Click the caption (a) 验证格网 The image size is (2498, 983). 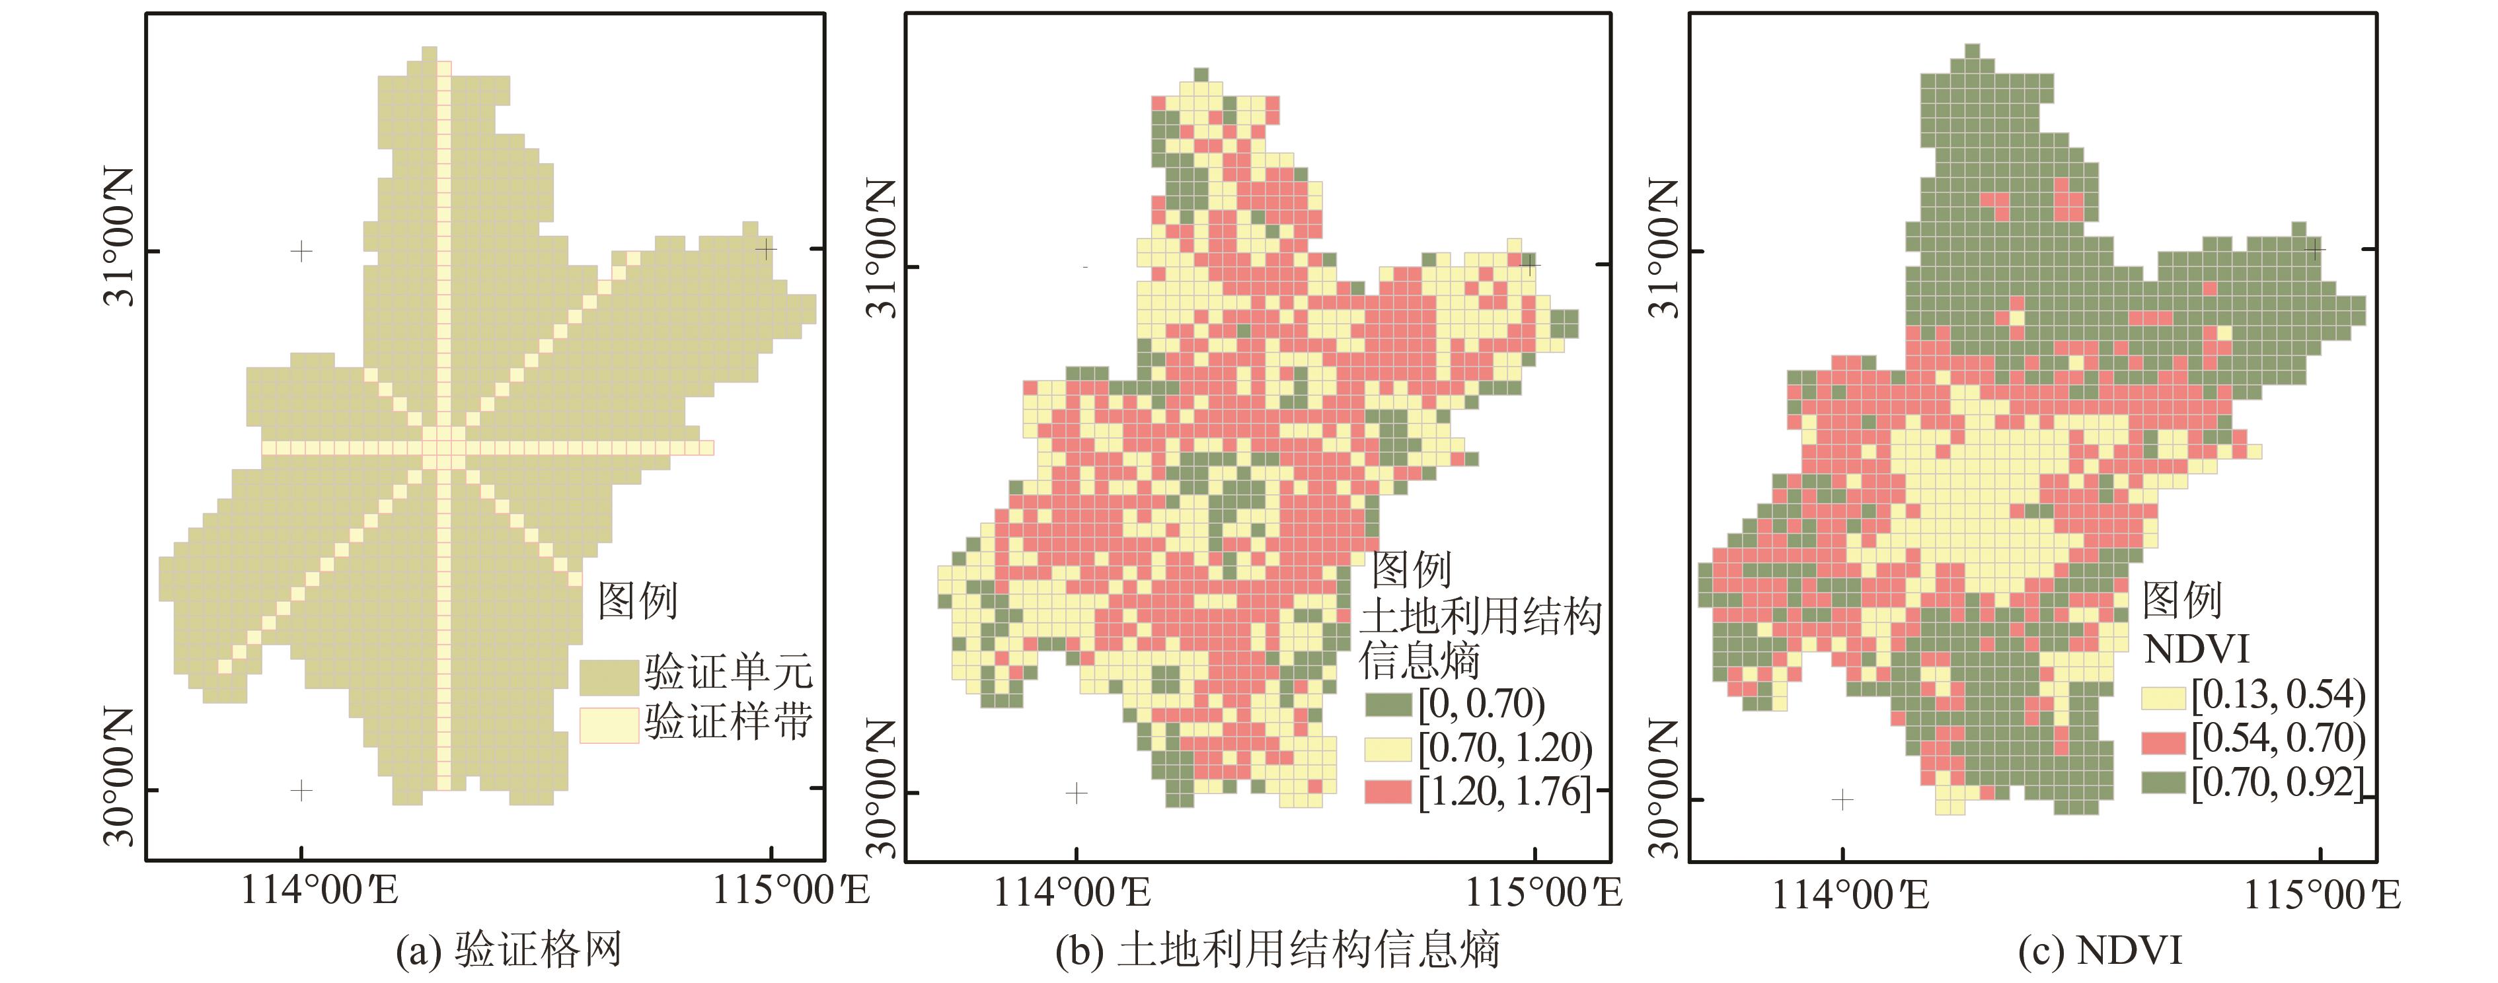[x=508, y=950]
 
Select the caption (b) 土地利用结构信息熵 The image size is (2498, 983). [x=1278, y=950]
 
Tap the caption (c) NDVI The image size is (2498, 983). [x=2100, y=950]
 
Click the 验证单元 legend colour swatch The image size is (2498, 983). [x=609, y=676]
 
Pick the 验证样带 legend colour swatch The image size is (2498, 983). [x=609, y=724]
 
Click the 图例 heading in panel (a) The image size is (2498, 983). [x=637, y=601]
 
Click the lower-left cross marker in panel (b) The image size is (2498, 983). [x=1077, y=793]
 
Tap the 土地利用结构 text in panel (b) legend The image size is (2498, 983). [x=1480, y=616]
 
